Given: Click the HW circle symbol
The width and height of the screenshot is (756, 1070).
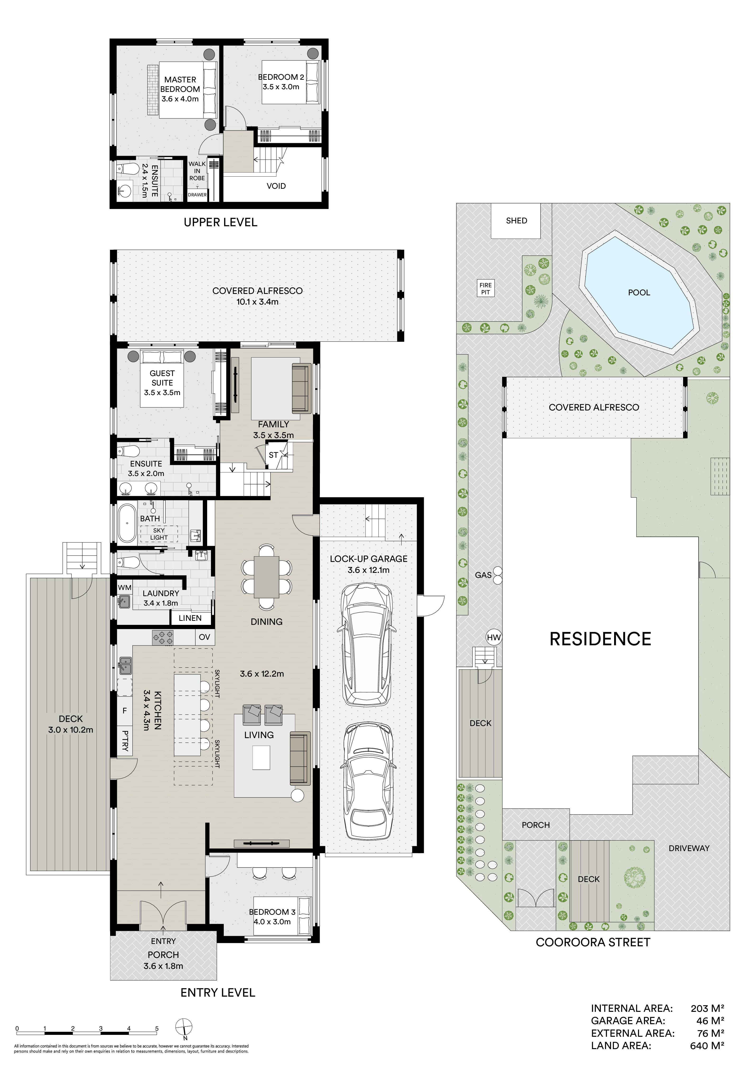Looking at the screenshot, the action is [x=494, y=637].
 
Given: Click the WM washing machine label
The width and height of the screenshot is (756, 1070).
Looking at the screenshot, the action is [x=124, y=588].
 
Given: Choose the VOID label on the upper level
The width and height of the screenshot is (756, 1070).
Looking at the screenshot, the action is [x=276, y=186].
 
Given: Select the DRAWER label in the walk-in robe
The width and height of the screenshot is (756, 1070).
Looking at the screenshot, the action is [x=197, y=195].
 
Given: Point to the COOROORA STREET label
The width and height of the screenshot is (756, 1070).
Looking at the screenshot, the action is [x=593, y=942].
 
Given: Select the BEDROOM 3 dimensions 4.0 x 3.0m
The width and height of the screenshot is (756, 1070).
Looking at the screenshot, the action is [x=272, y=922].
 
